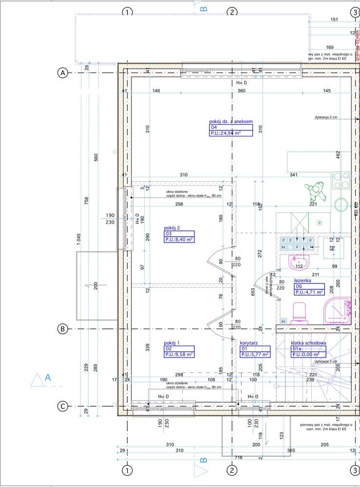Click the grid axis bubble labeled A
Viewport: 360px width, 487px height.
[x=62, y=73]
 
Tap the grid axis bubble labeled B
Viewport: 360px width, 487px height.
[x=62, y=329]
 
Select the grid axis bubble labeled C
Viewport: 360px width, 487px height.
[x=62, y=406]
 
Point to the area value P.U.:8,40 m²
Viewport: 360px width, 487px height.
[x=179, y=239]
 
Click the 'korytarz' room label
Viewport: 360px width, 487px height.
[x=249, y=343]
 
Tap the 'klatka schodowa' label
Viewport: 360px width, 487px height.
[x=308, y=343]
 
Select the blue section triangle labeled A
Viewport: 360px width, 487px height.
[x=39, y=379]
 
